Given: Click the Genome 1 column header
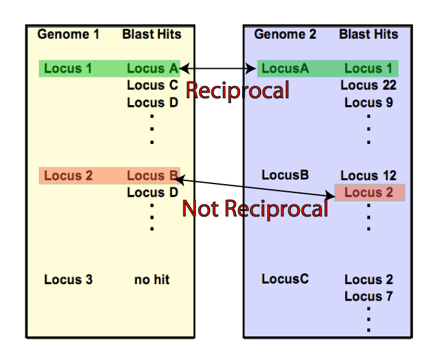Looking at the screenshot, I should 68,34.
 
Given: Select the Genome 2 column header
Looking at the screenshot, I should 285,34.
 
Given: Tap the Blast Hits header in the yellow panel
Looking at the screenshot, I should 151,34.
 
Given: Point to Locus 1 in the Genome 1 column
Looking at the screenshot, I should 68,68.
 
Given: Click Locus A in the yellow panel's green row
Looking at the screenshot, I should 152,68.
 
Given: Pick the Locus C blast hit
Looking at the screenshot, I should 152,85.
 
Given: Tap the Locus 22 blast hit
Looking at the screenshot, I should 369,85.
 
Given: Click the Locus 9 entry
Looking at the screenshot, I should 369,102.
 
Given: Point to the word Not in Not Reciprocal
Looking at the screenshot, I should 201,209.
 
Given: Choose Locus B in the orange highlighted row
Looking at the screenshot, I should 152,175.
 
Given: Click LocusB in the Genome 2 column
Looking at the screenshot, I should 285,175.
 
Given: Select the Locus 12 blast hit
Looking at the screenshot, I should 369,175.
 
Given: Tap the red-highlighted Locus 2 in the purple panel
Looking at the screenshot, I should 369,192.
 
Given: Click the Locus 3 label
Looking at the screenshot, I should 68,279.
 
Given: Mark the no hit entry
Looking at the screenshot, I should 152,279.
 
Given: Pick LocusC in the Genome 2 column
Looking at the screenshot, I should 285,279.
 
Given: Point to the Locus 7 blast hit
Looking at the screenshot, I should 369,296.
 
